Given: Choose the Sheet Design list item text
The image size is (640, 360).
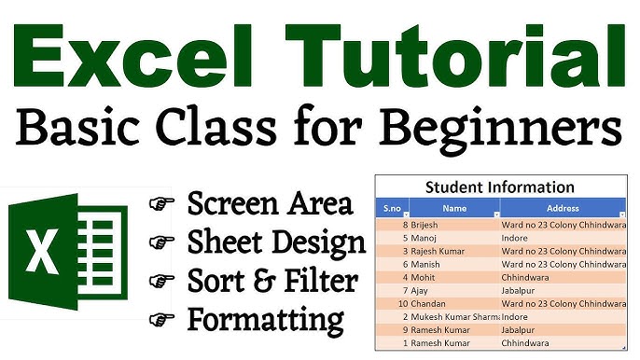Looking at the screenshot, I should point(276,243).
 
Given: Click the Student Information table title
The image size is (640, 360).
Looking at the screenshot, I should point(500,187).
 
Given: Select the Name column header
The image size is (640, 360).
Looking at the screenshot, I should point(454,209).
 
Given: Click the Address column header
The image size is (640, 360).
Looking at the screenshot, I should point(563,209).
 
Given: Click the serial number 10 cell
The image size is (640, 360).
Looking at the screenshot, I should point(404,303).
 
